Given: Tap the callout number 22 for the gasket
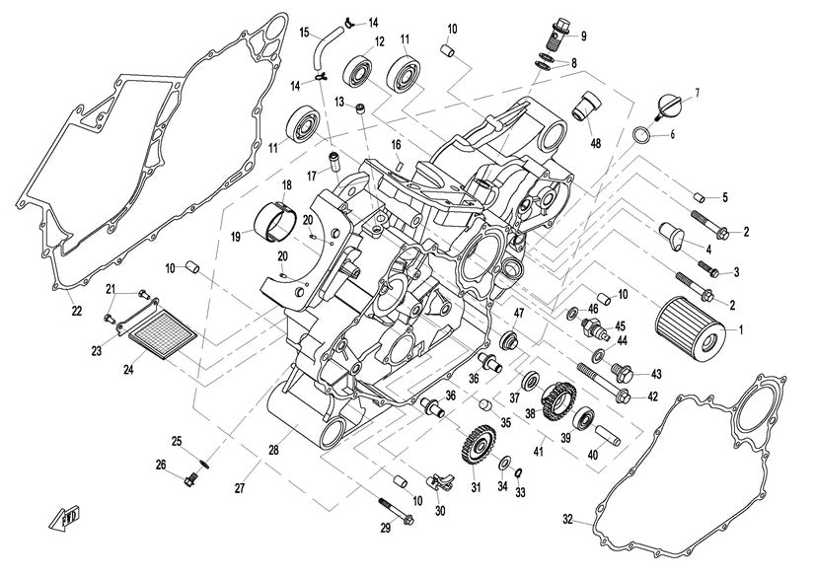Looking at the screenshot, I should click(x=76, y=312).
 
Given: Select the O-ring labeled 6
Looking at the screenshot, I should click(x=639, y=134).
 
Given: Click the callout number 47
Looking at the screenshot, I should click(x=517, y=313).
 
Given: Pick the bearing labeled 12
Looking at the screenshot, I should click(x=356, y=72).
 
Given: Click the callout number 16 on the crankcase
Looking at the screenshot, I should click(x=396, y=144).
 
